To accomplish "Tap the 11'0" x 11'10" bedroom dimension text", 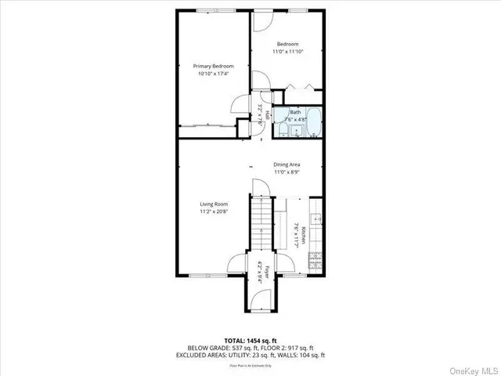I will (x=287, y=52).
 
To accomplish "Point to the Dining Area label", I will (x=287, y=164).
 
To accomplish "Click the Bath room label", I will (x=295, y=112).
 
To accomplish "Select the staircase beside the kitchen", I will (x=261, y=227).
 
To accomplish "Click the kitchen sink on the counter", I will (x=316, y=222).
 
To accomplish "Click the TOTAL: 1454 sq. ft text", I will (x=250, y=339).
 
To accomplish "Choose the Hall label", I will (x=266, y=114).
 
